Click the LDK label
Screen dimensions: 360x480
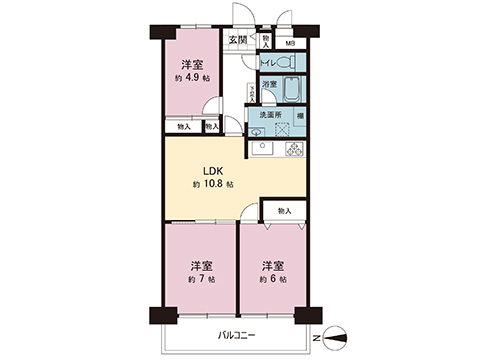click(212, 170)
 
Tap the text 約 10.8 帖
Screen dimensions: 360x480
click(213, 185)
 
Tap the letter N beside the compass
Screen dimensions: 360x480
click(317, 338)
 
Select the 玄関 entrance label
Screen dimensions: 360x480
click(237, 40)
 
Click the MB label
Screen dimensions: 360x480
click(290, 43)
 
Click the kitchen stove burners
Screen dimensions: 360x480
click(294, 150)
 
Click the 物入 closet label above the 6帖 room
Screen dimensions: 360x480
click(284, 211)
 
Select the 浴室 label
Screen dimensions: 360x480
click(269, 86)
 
